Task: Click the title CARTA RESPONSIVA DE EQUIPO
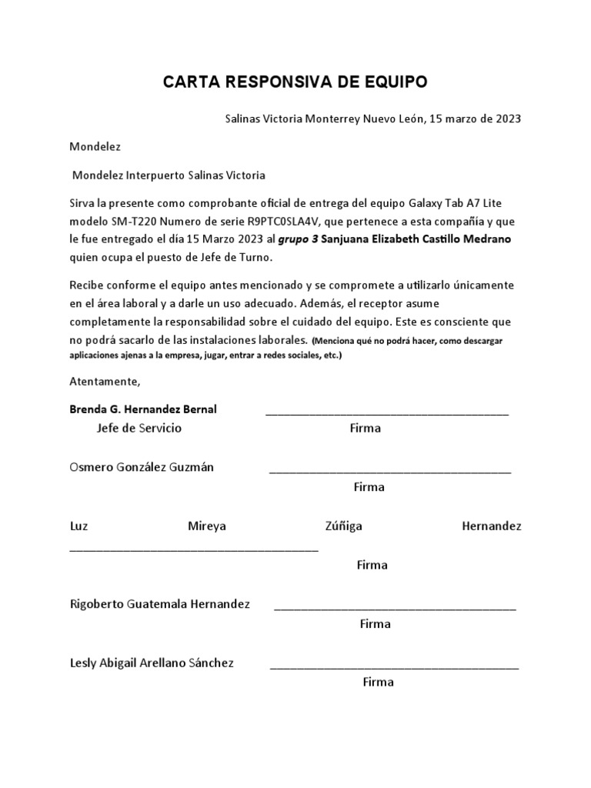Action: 295,82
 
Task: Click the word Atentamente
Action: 105,382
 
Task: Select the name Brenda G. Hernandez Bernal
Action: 143,409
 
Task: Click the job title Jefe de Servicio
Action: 139,428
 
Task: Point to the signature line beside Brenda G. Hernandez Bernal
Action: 387,414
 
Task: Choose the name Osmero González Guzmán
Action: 142,467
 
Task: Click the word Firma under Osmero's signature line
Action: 369,487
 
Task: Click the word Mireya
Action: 207,526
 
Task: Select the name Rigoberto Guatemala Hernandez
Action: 160,604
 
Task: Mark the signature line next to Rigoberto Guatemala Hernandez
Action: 395,609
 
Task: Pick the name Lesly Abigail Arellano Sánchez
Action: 152,663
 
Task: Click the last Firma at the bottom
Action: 378,682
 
